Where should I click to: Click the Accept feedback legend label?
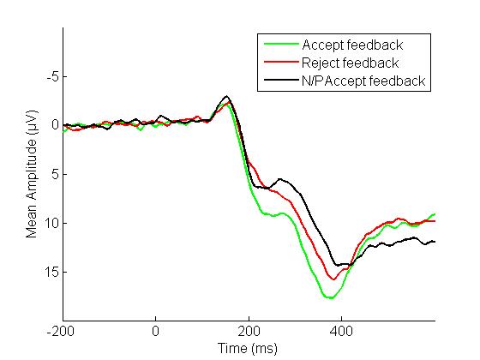[x=352, y=45]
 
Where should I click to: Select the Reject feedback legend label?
[x=351, y=63]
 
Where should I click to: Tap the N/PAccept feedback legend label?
[x=363, y=81]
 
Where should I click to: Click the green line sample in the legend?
[x=281, y=44]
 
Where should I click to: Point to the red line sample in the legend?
[x=281, y=62]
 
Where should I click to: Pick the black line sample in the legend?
[x=281, y=80]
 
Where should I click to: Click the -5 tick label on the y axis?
[x=52, y=76]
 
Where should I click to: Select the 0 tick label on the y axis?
[x=55, y=125]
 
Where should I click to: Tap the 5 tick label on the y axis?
[x=55, y=174]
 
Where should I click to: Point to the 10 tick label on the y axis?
[x=51, y=223]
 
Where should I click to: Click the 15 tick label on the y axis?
[x=51, y=272]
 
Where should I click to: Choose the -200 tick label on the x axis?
[x=61, y=331]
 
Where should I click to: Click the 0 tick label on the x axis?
[x=155, y=331]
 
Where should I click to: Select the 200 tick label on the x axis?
[x=249, y=331]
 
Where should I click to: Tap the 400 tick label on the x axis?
[x=341, y=331]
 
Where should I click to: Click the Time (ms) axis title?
[x=248, y=348]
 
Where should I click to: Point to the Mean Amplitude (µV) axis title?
[x=31, y=174]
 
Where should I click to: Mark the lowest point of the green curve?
[x=331, y=298]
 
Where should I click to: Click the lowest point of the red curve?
[x=333, y=279]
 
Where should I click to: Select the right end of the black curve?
[x=435, y=242]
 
